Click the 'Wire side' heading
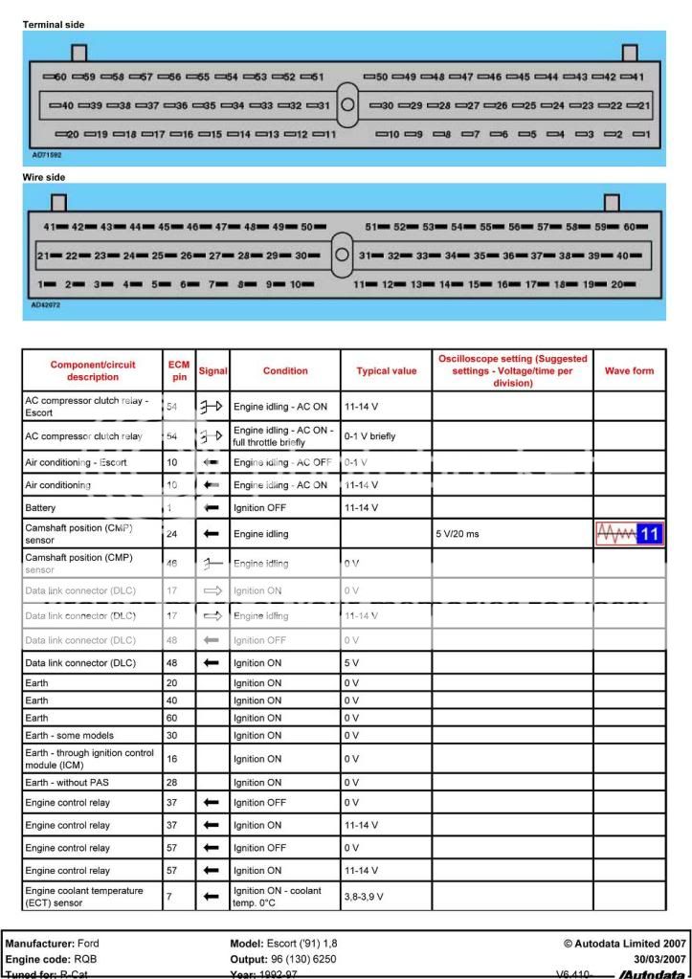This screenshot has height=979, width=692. (44, 177)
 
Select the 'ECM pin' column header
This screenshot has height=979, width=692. (179, 370)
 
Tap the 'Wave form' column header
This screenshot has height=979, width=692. (629, 370)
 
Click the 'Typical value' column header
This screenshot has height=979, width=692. (386, 370)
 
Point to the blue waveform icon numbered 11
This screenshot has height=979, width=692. (629, 534)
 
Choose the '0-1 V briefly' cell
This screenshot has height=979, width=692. (371, 436)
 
